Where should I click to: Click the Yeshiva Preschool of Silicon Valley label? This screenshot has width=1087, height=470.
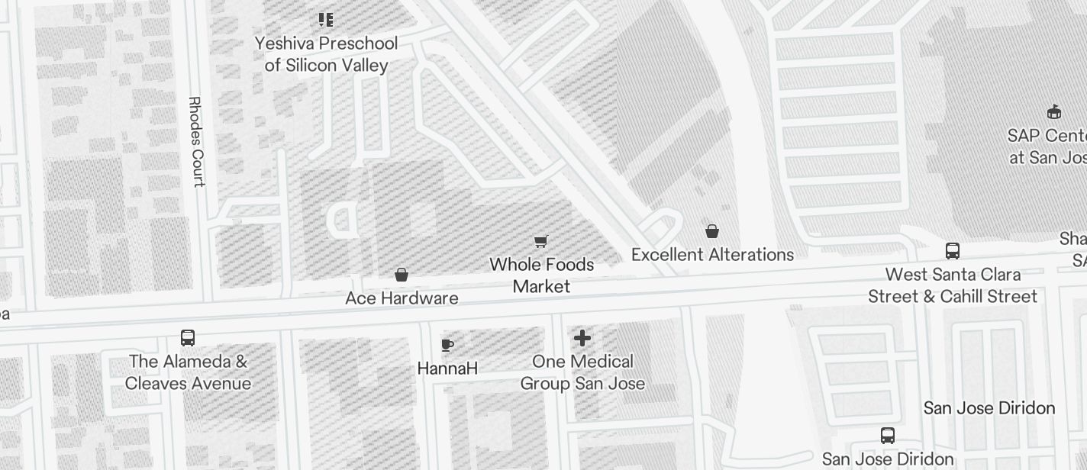pos(326,54)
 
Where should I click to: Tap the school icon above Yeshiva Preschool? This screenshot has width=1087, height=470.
pos(326,20)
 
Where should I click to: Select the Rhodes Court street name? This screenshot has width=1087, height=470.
pos(196,141)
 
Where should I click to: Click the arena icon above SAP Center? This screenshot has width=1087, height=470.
pos(1054,112)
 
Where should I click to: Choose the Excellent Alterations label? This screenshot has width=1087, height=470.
pos(712,255)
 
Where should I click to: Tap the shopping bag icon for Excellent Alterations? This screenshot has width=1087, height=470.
pos(712,231)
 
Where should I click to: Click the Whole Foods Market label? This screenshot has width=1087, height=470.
pos(541,275)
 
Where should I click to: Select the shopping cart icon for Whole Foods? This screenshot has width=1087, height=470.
pos(541,242)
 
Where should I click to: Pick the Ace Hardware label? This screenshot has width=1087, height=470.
pos(402,298)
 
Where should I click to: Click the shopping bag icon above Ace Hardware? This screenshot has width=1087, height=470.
pos(402,275)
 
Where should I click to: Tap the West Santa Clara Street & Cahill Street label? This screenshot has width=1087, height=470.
pos(953,285)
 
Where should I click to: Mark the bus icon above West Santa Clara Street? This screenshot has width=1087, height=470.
pos(953,251)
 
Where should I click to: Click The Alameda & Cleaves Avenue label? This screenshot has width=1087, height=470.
pos(188,372)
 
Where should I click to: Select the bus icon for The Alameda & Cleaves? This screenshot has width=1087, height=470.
pos(188,338)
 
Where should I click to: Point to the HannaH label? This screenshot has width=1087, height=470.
pos(447,369)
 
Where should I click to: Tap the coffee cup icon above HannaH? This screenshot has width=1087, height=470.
pos(447,345)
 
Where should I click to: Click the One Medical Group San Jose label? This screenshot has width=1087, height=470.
pos(582,372)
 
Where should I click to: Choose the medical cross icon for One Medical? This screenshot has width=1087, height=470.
pos(582,338)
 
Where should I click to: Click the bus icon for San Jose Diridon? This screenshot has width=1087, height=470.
pos(888,436)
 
